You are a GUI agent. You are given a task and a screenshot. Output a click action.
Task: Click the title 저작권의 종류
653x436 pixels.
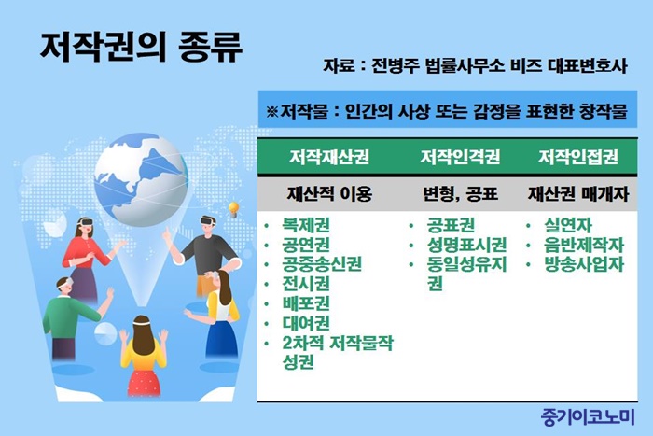tap(141, 47)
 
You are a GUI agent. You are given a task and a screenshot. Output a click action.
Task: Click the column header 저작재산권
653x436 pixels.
tap(329, 157)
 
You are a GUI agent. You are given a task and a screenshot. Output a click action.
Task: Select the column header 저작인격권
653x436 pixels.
tap(460, 157)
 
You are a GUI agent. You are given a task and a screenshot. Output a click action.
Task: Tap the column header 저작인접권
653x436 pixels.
tap(578, 157)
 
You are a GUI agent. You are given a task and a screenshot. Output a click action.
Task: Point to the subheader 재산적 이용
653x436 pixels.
tap(329, 194)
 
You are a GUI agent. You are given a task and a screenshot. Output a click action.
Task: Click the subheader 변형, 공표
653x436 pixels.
tap(460, 194)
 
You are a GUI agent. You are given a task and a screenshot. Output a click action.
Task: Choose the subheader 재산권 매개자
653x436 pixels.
tap(578, 194)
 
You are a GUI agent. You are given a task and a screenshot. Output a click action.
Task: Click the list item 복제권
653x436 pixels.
tap(306, 225)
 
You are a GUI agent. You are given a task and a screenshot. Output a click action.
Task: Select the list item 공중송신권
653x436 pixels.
tap(322, 264)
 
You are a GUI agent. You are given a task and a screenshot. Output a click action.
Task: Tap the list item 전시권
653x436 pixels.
tap(306, 284)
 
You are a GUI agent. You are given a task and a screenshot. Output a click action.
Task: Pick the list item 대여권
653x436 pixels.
tap(306, 323)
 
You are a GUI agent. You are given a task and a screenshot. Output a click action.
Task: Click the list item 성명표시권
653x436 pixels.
tap(466, 245)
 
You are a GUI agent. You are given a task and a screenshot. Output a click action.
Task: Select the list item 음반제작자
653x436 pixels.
tap(584, 245)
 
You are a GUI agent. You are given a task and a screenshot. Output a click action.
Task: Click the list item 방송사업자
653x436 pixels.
tap(584, 264)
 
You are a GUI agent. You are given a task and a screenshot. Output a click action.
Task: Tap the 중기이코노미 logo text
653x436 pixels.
tap(588, 416)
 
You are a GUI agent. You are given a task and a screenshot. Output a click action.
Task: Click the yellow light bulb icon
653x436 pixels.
tap(233, 208)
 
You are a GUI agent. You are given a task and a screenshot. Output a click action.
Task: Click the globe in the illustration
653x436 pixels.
tap(141, 180)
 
